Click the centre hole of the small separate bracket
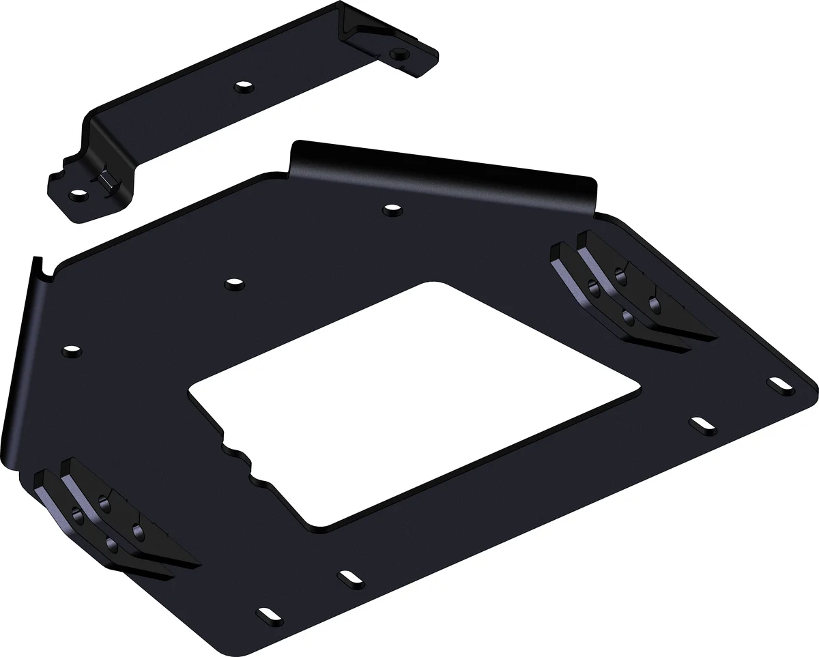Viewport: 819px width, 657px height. [243, 87]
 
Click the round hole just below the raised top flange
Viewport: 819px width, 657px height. [392, 209]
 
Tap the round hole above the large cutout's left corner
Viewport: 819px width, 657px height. [233, 282]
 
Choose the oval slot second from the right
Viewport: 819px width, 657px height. [700, 424]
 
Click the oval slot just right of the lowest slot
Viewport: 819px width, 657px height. [349, 577]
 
